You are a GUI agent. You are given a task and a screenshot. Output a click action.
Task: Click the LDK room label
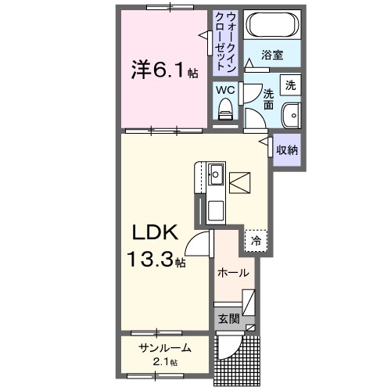(x=155, y=232)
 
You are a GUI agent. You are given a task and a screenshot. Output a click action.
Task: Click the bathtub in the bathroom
(x=270, y=27)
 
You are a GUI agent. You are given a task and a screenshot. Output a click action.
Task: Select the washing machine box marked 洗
(x=290, y=84)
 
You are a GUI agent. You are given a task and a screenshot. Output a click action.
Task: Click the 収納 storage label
(x=288, y=148)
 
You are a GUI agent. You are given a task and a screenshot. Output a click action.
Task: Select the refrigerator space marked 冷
(x=255, y=241)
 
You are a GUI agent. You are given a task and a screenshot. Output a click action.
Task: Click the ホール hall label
(x=234, y=273)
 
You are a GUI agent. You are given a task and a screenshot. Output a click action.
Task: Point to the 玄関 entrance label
(x=228, y=318)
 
